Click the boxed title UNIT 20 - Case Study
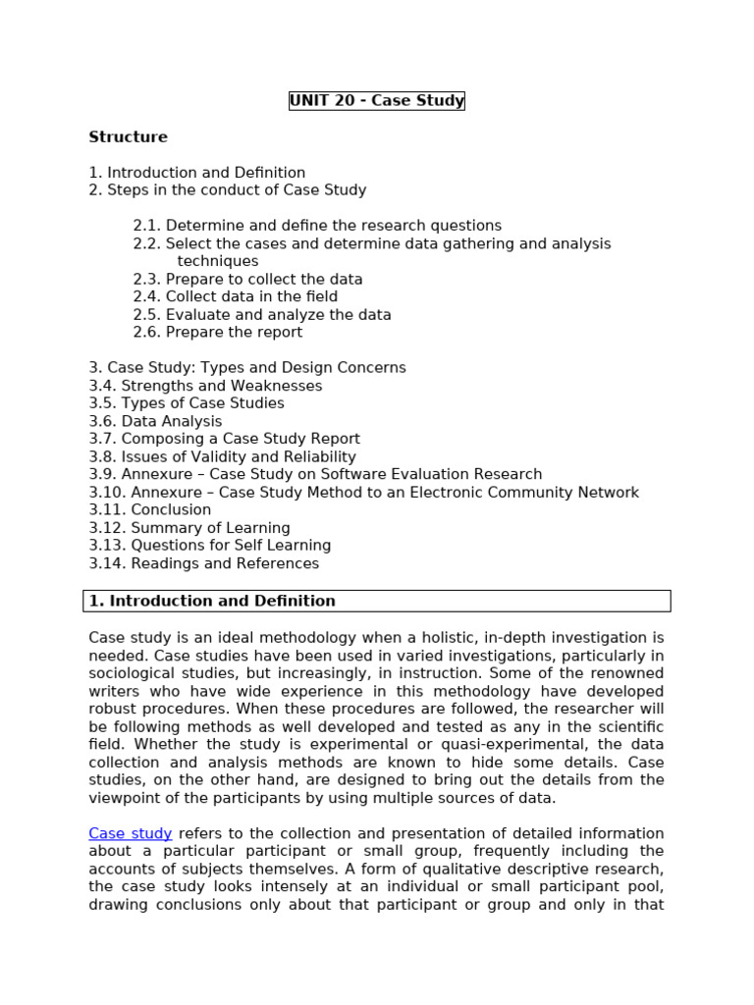[376, 101]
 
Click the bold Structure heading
[128, 137]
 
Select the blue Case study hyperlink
[130, 833]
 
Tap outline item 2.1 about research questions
[317, 226]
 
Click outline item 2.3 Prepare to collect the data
[247, 280]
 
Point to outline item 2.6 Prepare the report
[218, 333]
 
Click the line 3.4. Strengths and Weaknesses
[205, 387]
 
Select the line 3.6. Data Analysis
[155, 422]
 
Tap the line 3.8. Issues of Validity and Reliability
[222, 457]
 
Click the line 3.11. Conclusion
[149, 510]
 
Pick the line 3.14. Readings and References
[203, 564]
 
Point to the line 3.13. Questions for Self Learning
[209, 546]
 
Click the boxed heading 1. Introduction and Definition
[212, 601]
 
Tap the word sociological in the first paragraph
[134, 673]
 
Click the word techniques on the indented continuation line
[218, 262]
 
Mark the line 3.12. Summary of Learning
[189, 528]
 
